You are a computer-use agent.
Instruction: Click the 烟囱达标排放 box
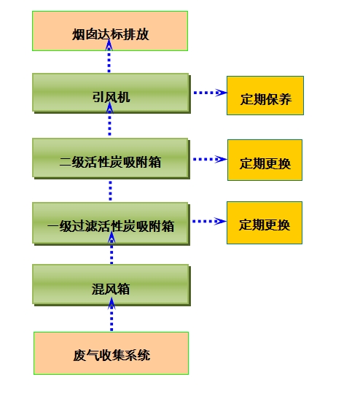click(110, 31)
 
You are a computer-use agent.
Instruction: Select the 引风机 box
click(111, 93)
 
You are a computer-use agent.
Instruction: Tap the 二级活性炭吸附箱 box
click(111, 158)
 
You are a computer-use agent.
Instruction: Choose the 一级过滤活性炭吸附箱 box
click(111, 224)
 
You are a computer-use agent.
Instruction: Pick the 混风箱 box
click(111, 285)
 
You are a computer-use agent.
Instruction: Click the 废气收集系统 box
click(111, 353)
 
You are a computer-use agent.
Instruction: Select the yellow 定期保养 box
click(265, 96)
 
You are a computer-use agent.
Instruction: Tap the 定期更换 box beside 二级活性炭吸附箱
click(265, 160)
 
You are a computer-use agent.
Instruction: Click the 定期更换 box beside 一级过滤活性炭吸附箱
click(265, 223)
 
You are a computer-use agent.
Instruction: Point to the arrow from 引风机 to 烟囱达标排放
click(109, 56)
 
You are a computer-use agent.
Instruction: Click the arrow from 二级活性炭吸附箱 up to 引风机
click(110, 119)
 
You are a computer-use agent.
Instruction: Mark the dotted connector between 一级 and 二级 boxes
click(111, 190)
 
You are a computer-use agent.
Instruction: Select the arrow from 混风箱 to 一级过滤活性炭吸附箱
click(111, 247)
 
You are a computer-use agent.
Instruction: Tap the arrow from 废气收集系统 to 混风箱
click(111, 314)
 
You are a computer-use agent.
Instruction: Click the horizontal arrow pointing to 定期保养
click(210, 93)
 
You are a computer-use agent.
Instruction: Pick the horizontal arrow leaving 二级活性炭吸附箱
click(210, 159)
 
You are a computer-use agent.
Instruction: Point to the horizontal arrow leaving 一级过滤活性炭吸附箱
click(209, 221)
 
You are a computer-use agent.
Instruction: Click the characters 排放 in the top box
click(136, 34)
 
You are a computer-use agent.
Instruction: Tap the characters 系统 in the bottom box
click(137, 355)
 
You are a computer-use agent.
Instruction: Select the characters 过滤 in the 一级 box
click(85, 226)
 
